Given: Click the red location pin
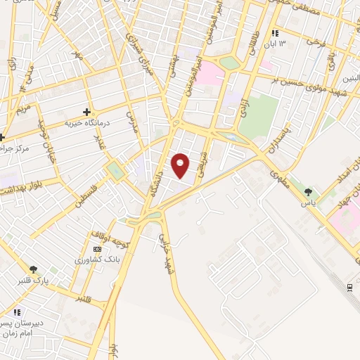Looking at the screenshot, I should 181,165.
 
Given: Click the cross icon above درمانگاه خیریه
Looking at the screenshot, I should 86,111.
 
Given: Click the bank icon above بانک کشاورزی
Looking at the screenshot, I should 97,249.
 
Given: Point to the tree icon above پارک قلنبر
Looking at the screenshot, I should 32,269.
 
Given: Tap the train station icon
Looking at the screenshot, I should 349,287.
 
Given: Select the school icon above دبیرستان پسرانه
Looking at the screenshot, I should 18,312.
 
